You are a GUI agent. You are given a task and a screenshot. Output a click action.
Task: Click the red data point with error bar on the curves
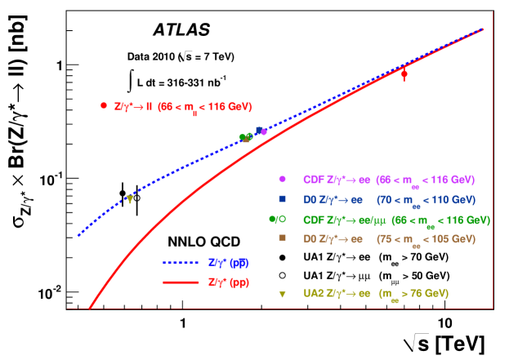(x=404, y=74)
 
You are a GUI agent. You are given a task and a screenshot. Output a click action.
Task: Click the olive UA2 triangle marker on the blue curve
(x=129, y=198)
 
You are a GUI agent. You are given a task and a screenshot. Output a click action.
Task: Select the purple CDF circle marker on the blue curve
(x=264, y=131)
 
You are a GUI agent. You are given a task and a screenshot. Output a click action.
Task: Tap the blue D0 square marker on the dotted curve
(x=258, y=130)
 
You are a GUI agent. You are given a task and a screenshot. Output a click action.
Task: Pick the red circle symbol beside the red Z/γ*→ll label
(x=104, y=105)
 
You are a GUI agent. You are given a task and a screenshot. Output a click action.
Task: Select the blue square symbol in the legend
(x=282, y=199)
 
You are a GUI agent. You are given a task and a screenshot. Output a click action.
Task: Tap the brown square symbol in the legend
(x=282, y=238)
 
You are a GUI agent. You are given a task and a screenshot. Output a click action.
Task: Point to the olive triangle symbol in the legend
(x=282, y=293)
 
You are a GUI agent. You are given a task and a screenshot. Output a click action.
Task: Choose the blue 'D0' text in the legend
(x=309, y=199)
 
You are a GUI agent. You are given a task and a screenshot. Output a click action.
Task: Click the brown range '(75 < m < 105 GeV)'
(x=425, y=239)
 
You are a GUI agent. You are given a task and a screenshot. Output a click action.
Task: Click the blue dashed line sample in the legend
(x=181, y=264)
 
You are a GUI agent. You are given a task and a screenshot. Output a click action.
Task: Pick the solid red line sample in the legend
(x=181, y=282)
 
